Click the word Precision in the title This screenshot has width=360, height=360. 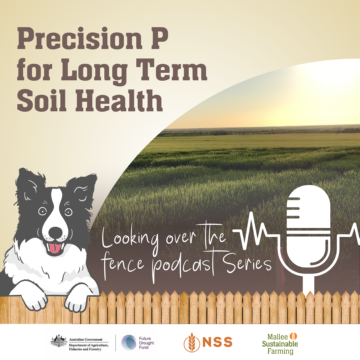[x=80, y=38]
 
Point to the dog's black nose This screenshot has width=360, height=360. [x=55, y=232]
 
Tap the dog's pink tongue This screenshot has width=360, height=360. [x=54, y=248]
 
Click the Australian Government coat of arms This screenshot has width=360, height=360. [x=59, y=340]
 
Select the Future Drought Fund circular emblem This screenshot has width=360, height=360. [x=129, y=343]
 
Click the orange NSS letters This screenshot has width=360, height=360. [x=217, y=342]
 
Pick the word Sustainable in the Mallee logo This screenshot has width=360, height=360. [x=280, y=344]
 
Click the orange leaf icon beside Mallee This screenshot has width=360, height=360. [x=293, y=336]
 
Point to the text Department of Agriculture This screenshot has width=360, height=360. [x=89, y=345]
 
